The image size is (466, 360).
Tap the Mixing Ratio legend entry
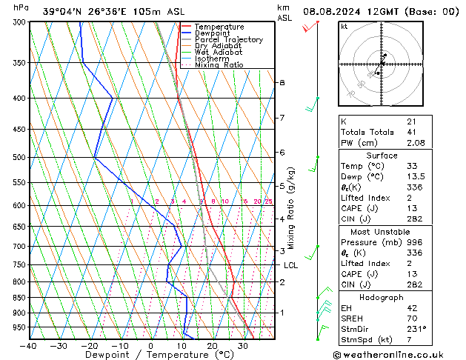pos(219,65)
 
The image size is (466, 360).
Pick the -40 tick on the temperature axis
pos(29,346)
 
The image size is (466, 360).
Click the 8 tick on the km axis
pos(282,82)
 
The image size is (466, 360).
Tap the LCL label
pos(290,265)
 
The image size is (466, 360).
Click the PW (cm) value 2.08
pos(416,143)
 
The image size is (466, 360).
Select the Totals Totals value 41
pos(411,132)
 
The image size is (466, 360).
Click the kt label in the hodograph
pos(344,27)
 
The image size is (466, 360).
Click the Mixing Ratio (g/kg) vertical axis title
pos(291,208)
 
